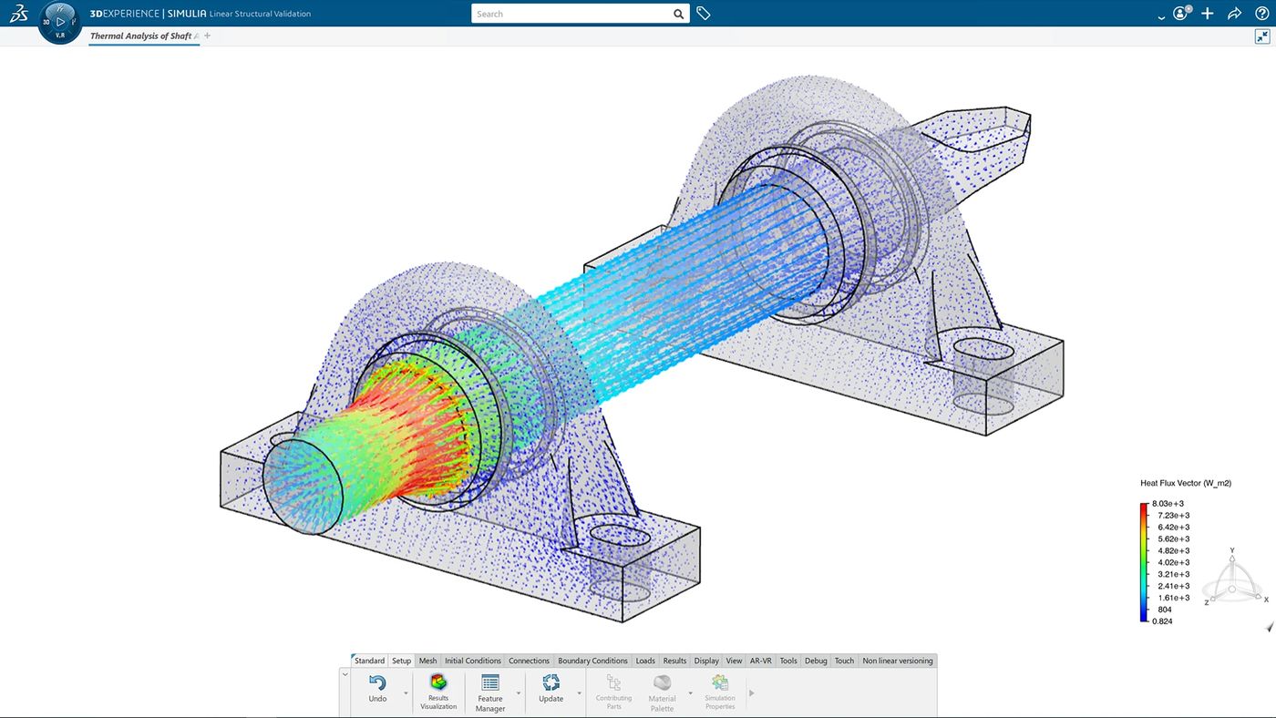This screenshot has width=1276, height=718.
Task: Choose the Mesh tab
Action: [427, 661]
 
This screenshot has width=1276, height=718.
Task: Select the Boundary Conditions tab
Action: [592, 661]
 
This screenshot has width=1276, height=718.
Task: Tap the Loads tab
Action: [645, 661]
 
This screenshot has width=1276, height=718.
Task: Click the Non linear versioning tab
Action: [897, 661]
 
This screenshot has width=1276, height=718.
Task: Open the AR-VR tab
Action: [760, 661]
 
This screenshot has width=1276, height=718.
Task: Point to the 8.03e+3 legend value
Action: [1168, 504]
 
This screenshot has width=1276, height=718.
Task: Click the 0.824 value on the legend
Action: [1162, 621]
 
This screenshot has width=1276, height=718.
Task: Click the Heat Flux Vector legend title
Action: [1185, 483]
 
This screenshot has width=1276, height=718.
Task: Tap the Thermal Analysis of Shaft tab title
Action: [141, 36]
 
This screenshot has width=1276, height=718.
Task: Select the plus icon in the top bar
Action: [1208, 14]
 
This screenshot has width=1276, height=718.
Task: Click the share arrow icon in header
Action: [1234, 14]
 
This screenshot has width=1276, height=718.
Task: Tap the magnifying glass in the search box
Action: [679, 14]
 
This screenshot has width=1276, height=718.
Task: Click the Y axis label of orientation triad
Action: [1232, 550]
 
